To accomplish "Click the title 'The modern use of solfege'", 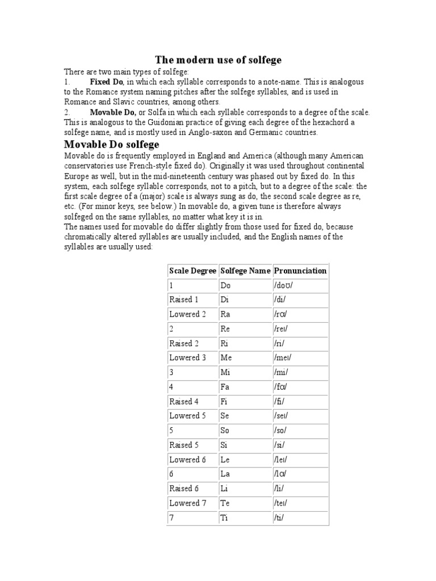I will click(219, 60).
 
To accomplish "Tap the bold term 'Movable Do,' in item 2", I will click(114, 112).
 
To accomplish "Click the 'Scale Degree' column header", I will click(192, 271).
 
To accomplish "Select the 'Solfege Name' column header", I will click(245, 271).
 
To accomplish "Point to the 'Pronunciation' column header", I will click(300, 271).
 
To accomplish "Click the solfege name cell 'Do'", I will click(226, 285).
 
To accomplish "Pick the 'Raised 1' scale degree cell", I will click(184, 300).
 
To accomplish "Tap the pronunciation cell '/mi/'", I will click(282, 372).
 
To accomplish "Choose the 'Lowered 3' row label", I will click(187, 357).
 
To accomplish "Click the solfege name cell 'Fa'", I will click(225, 387).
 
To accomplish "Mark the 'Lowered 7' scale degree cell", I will click(187, 503).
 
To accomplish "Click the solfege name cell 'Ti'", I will click(225, 517).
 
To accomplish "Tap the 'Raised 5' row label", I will click(184, 445).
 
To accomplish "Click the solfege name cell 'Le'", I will click(225, 460).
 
